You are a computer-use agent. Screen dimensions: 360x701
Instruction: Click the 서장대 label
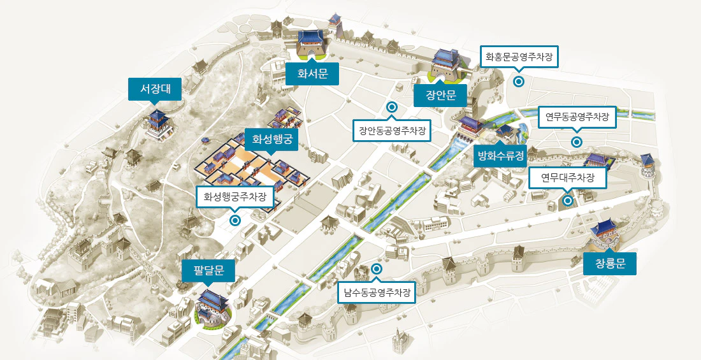tap(155, 89)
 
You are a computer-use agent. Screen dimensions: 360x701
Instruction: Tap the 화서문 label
tap(312, 74)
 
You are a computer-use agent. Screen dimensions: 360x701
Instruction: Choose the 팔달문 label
tap(208, 271)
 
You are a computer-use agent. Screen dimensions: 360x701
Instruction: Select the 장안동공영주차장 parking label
tap(392, 131)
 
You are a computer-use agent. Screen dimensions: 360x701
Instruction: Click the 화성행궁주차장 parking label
tap(235, 197)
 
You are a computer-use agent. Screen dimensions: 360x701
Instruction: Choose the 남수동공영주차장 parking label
tap(376, 292)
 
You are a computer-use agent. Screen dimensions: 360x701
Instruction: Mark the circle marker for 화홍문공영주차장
tap(519, 82)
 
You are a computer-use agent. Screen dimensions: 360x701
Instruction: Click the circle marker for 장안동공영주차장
tap(392, 107)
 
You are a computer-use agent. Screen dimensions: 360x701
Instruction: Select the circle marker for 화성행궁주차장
tap(235, 220)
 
